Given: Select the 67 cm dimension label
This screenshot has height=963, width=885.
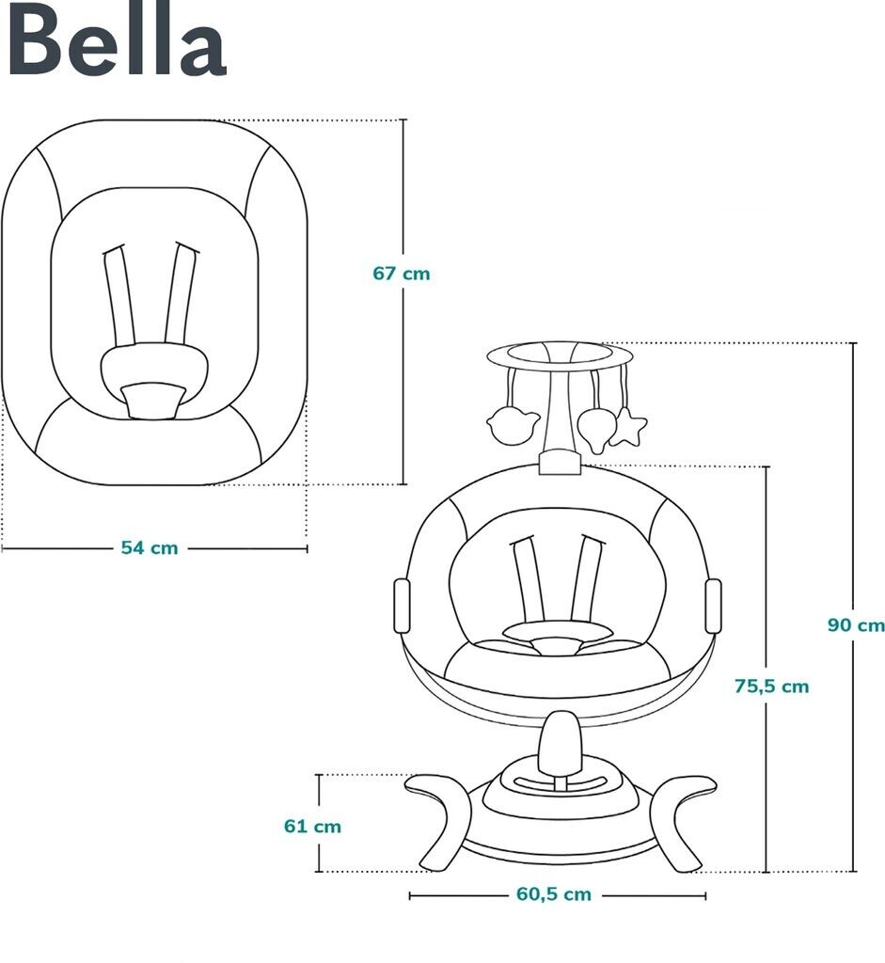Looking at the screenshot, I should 401,274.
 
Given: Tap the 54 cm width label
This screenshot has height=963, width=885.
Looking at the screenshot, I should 149,547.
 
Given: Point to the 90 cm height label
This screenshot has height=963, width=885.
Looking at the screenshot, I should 855,624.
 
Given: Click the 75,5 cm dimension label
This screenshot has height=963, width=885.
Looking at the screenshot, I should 770,686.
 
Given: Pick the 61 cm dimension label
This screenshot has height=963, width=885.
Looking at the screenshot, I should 312,827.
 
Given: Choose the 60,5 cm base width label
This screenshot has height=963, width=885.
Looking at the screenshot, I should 553,894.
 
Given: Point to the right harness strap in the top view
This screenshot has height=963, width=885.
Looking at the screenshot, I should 181,293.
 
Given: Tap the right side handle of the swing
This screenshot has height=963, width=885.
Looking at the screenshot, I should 712,605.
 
